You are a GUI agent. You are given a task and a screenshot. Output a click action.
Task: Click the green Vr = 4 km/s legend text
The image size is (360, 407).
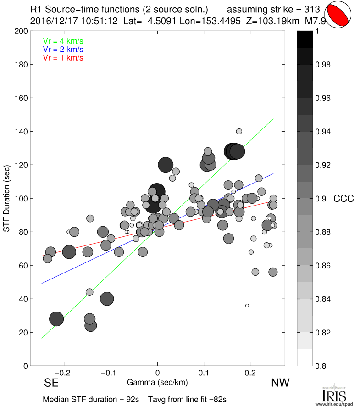pos(63,40)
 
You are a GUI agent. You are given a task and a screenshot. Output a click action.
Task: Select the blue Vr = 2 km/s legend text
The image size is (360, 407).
pos(63,49)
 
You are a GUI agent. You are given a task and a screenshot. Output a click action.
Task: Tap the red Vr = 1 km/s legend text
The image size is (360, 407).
pos(63,58)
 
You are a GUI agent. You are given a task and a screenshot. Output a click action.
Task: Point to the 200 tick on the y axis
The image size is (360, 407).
pos(21,31)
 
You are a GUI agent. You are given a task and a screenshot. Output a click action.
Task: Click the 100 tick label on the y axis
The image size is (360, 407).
pos(21,199)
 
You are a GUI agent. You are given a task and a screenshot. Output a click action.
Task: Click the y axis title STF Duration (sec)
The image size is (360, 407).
pos(7,199)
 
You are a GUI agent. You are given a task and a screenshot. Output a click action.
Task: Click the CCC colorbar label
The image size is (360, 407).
pos(343,199)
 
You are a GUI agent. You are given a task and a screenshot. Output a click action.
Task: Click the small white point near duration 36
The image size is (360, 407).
pos(247,305)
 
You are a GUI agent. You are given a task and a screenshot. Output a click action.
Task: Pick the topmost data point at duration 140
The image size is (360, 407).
pos(239,131)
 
